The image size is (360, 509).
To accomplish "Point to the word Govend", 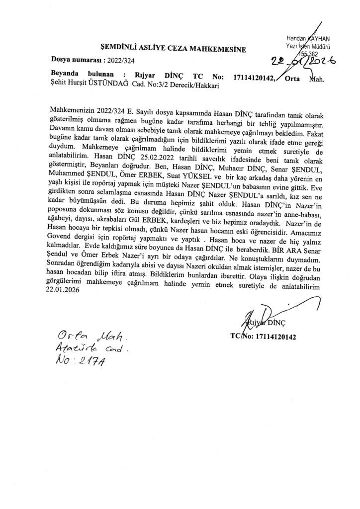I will pos(66,245).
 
